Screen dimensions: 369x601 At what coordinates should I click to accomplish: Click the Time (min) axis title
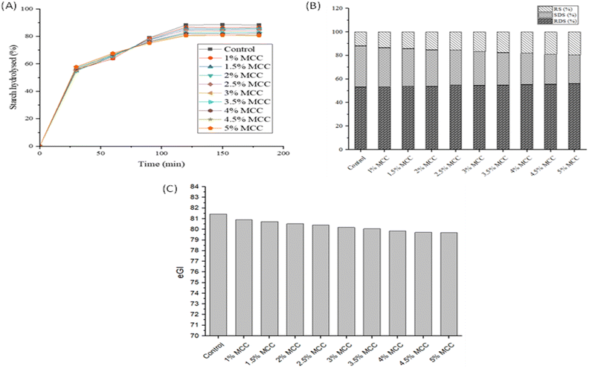click(x=160, y=162)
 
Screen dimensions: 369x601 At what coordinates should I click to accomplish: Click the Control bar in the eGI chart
click(x=219, y=274)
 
